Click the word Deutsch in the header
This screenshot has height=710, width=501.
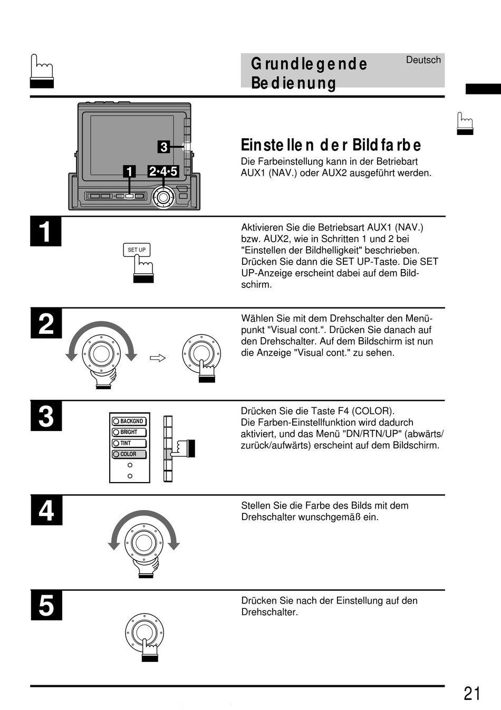423,60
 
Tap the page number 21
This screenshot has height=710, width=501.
472,693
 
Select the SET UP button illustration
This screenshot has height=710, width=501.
137,250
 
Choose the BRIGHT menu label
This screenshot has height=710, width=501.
129,432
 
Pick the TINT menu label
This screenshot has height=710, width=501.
126,443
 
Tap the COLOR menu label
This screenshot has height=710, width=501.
129,454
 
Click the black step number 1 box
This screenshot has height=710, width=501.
46,232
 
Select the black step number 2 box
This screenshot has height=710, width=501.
46,323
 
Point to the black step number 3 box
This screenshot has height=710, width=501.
46,416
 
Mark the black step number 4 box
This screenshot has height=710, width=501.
46,511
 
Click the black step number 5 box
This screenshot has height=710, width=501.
46,605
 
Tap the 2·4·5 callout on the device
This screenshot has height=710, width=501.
163,171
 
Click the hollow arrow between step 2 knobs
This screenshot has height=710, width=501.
158,358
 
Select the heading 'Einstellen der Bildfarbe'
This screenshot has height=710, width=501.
331,145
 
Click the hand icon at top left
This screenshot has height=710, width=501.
42,71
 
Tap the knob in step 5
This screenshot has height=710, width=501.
144,632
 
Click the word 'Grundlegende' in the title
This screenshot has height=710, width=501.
309,64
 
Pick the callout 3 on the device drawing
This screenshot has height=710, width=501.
163,147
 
